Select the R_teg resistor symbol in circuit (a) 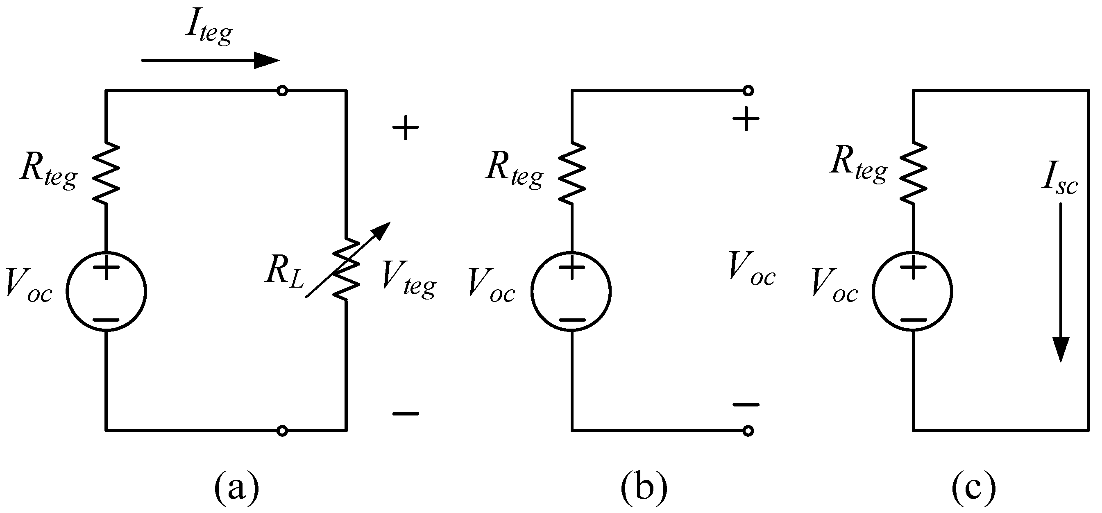click(x=106, y=173)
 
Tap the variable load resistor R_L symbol click(x=347, y=270)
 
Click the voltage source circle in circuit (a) click(x=106, y=291)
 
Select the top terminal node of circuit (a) click(x=282, y=90)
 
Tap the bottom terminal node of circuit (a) click(x=282, y=431)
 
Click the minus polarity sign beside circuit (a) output click(x=406, y=413)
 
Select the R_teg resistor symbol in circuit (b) click(x=571, y=173)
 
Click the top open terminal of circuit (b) click(x=748, y=90)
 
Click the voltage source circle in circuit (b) click(x=571, y=291)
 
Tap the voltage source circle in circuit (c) click(x=912, y=291)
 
